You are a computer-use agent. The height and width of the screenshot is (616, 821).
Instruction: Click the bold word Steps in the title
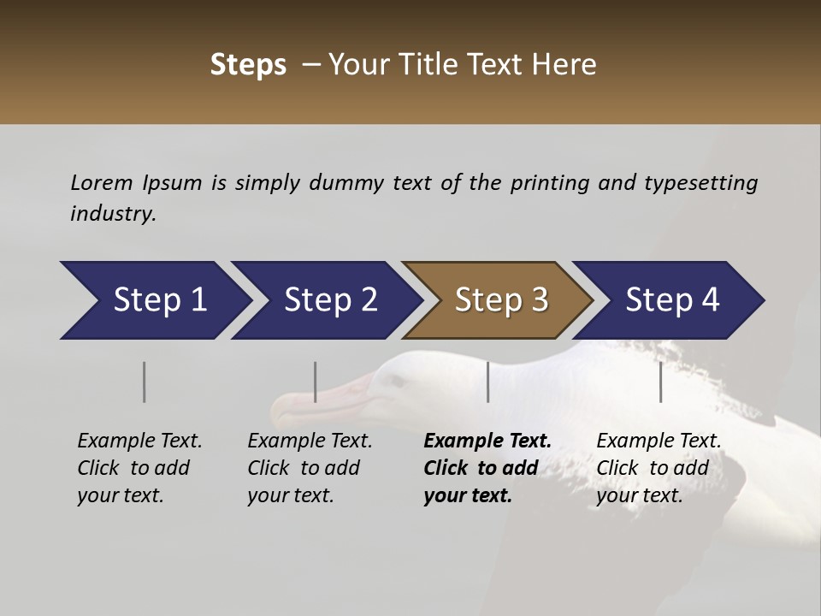(248, 65)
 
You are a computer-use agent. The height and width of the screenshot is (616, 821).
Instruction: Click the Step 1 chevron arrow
(154, 300)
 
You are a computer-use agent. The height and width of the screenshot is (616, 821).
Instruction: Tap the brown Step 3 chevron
(499, 300)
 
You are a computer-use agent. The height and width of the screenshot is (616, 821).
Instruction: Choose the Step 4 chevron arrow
(670, 300)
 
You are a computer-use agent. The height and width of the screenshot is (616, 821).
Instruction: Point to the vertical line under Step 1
(145, 382)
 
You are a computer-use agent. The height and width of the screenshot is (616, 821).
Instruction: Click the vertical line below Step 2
(316, 382)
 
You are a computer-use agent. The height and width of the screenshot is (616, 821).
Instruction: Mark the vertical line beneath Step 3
(488, 382)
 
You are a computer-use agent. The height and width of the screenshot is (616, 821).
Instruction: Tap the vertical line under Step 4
(661, 382)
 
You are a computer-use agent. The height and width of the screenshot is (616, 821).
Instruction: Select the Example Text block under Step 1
(139, 468)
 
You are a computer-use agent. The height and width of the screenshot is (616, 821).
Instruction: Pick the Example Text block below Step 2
(310, 468)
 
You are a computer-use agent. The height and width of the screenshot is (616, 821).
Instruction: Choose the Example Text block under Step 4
(659, 468)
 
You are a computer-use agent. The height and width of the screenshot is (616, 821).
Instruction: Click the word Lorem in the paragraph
(102, 183)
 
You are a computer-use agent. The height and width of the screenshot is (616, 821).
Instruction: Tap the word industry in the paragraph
(113, 214)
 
